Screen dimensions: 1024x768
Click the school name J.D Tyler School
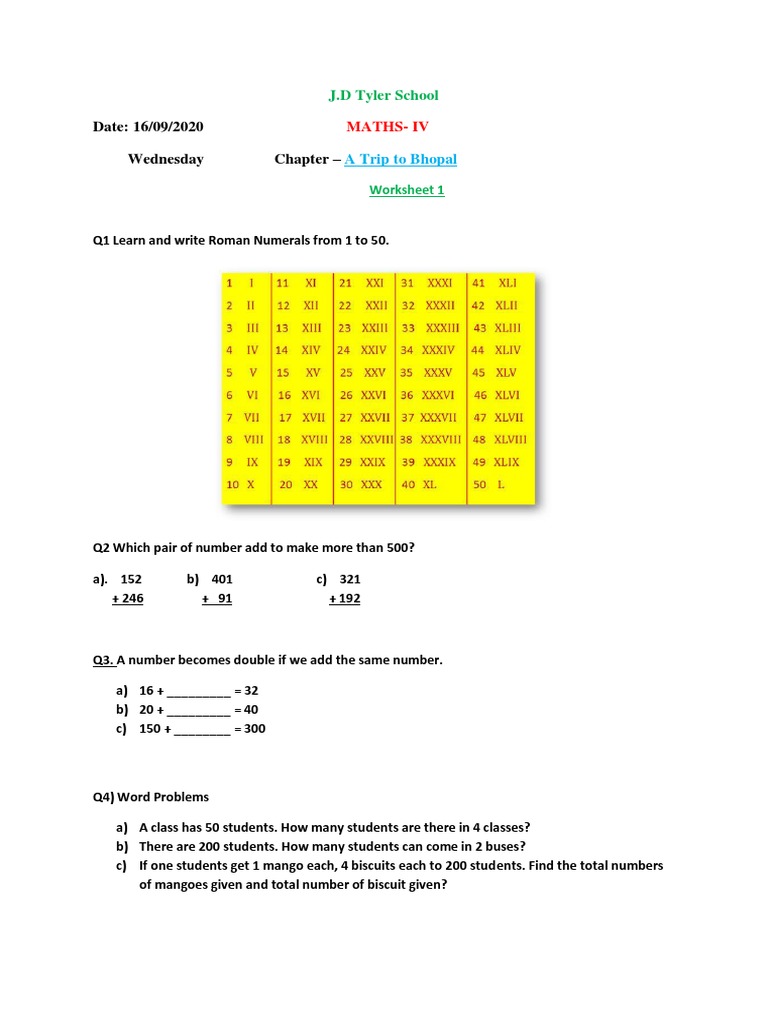tap(384, 96)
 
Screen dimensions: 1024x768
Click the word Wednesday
tap(165, 160)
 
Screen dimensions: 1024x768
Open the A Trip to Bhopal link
tap(400, 160)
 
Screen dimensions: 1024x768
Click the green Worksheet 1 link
tap(406, 190)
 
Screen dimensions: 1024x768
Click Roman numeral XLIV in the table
tap(509, 350)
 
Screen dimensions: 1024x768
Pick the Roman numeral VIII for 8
tap(253, 439)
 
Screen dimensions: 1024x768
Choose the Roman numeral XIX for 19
tap(313, 462)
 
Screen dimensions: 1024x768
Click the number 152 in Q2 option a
tap(131, 580)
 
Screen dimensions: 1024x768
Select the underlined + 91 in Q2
tap(217, 599)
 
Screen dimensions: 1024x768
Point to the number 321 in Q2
tap(350, 580)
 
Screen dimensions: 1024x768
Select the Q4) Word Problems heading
tap(151, 797)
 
